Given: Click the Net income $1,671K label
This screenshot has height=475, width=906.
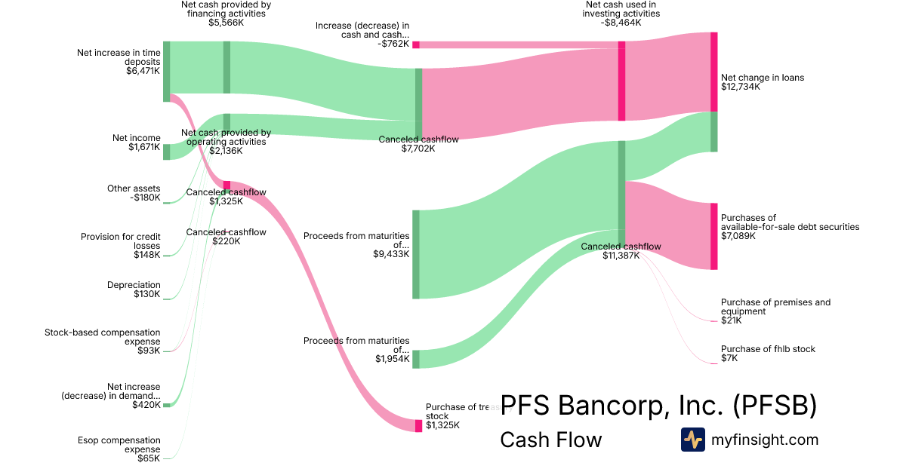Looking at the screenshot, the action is click(x=137, y=142).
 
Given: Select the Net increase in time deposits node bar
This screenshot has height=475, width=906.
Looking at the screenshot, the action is click(x=167, y=71).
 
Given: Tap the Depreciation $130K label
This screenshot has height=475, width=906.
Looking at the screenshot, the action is click(x=134, y=290).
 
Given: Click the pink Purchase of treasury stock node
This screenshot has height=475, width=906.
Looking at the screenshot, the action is click(x=418, y=426).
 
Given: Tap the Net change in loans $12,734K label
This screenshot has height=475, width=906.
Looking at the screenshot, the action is click(x=762, y=82).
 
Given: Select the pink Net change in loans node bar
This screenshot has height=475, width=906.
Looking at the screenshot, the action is click(x=713, y=72).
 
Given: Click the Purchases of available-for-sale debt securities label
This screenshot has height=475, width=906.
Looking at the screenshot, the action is click(x=790, y=227).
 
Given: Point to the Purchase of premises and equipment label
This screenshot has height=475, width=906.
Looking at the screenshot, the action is click(x=775, y=311).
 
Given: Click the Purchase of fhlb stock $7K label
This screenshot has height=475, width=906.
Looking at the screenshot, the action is click(x=768, y=354).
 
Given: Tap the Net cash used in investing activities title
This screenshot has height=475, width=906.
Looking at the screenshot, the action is click(x=621, y=14).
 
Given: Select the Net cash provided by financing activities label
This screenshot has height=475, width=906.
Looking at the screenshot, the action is click(x=226, y=14).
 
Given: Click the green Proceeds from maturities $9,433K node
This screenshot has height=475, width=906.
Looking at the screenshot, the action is click(x=415, y=254).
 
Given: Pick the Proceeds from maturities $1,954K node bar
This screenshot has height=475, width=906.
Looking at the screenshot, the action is click(x=415, y=359).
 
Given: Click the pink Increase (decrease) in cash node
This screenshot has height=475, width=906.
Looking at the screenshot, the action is click(x=415, y=44).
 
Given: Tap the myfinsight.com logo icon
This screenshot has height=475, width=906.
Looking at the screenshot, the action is click(x=692, y=440).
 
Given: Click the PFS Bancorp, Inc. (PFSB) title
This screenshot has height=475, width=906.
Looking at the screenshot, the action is click(x=658, y=406).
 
